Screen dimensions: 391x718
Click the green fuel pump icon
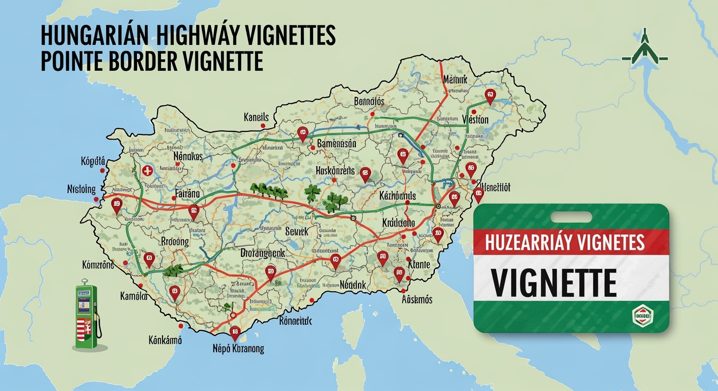point(87,317)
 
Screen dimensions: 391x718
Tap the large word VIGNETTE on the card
point(553,282)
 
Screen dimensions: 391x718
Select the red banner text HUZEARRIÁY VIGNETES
point(565,242)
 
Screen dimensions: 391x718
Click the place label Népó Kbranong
point(238,349)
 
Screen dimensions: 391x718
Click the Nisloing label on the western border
point(81,189)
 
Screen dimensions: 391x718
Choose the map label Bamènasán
point(336,144)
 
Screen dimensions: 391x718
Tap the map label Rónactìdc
point(295,321)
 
